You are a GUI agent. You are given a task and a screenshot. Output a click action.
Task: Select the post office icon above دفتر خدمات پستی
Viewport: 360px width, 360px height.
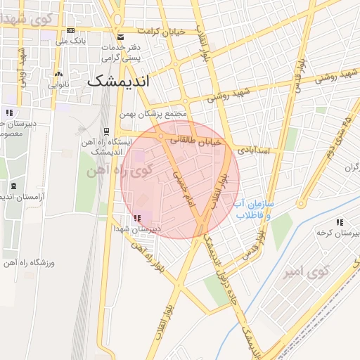(120, 36)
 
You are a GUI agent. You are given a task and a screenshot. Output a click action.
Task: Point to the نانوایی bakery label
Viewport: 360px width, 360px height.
(59, 84)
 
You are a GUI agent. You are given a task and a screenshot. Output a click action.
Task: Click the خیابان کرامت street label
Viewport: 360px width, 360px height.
(161, 32)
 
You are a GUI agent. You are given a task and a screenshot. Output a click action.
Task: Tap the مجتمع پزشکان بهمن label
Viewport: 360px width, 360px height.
(159, 114)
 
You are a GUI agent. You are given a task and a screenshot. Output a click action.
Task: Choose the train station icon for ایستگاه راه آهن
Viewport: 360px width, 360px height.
(106, 131)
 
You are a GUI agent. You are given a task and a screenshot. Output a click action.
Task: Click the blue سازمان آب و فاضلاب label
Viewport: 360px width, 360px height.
(259, 209)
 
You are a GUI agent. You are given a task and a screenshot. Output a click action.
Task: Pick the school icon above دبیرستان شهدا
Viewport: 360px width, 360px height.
(136, 219)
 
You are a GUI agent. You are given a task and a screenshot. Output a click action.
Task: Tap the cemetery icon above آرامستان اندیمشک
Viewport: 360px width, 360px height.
(15, 186)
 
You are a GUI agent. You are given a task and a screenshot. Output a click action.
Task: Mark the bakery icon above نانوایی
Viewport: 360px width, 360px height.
(59, 74)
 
